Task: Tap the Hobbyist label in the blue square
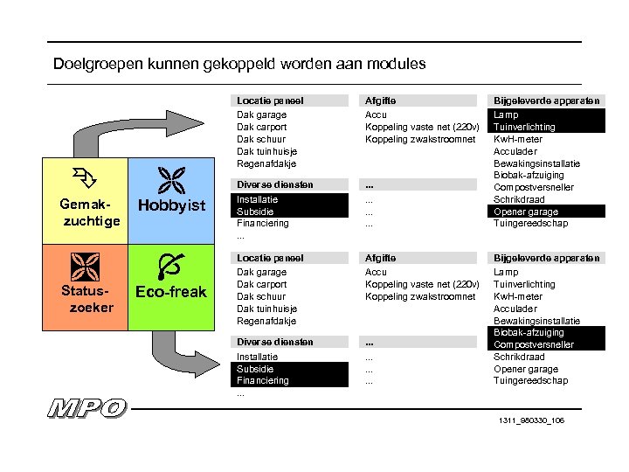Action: click(x=171, y=206)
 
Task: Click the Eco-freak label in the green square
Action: click(x=171, y=292)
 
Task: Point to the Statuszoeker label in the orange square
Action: click(x=86, y=298)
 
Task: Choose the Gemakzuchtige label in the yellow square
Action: click(x=86, y=212)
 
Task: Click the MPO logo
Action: click(x=87, y=408)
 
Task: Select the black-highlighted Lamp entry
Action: click(x=506, y=115)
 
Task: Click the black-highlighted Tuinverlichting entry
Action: click(x=524, y=127)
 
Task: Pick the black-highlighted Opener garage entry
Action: click(x=526, y=212)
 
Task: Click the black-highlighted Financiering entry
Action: click(x=262, y=381)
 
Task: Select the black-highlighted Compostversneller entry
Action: click(x=534, y=344)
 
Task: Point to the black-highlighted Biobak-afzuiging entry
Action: click(x=529, y=332)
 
